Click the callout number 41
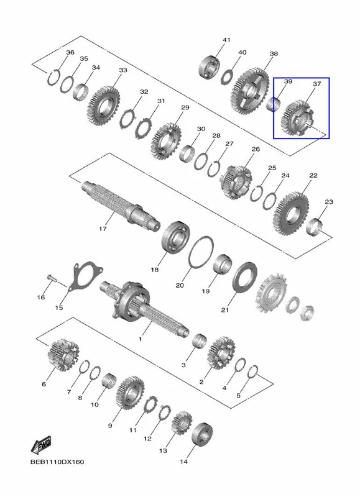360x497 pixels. [x=226, y=40]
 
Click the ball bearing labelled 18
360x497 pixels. [x=176, y=237]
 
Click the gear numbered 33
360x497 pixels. [x=103, y=105]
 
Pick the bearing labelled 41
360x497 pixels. [x=210, y=67]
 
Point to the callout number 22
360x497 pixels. [x=313, y=175]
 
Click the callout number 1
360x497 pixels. [x=140, y=339]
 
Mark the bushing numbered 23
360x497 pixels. [x=316, y=227]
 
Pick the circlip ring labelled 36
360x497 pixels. [x=53, y=77]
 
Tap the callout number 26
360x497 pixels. [x=256, y=149]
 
